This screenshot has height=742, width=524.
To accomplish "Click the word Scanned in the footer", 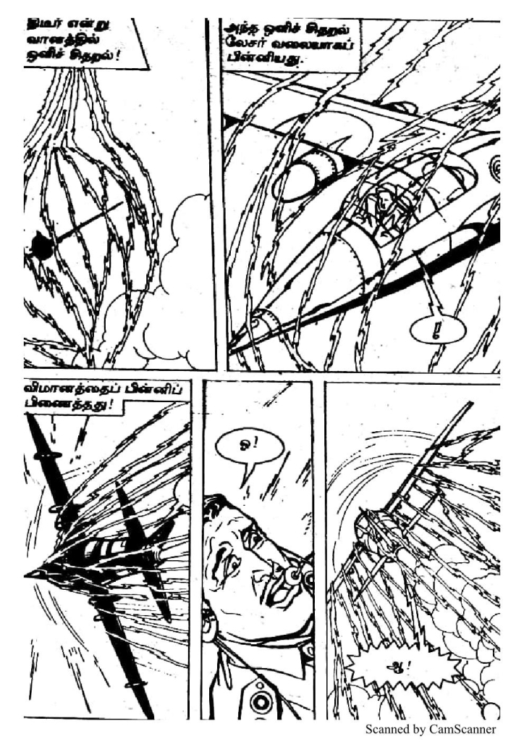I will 392,729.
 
